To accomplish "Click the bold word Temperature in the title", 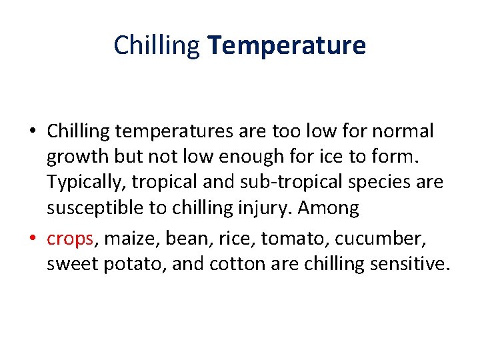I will (287, 45).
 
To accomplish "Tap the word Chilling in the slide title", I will (157, 46).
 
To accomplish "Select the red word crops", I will (69, 239).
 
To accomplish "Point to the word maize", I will (122, 239).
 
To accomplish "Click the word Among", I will (329, 208).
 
